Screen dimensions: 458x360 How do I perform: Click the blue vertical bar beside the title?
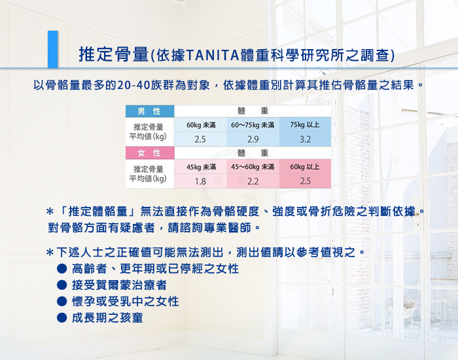tap(52, 49)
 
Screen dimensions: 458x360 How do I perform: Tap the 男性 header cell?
tap(150, 111)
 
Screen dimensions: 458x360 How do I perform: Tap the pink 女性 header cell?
tap(150, 153)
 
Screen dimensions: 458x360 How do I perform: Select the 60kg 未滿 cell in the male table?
tap(201, 125)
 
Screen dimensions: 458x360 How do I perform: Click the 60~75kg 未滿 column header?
tap(253, 125)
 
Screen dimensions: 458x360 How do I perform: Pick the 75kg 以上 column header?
tap(305, 125)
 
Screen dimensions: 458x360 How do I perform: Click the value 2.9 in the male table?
tap(253, 139)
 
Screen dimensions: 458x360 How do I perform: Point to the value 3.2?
tap(306, 139)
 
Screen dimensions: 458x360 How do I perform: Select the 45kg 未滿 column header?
tap(201, 167)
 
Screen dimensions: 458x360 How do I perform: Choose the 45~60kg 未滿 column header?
tap(253, 167)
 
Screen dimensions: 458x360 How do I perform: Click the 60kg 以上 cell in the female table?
tap(305, 166)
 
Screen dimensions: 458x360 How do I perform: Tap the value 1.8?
tap(200, 181)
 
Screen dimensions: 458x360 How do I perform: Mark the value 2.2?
tap(253, 181)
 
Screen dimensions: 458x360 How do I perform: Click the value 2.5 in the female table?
tap(306, 181)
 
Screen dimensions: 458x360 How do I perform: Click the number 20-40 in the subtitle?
tap(133, 85)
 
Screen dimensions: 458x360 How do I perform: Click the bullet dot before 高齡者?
tap(62, 269)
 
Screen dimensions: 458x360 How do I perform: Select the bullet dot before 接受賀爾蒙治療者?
tap(62, 285)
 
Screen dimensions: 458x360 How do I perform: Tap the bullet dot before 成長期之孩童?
tap(62, 317)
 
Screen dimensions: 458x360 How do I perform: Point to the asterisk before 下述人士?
tap(50, 253)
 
